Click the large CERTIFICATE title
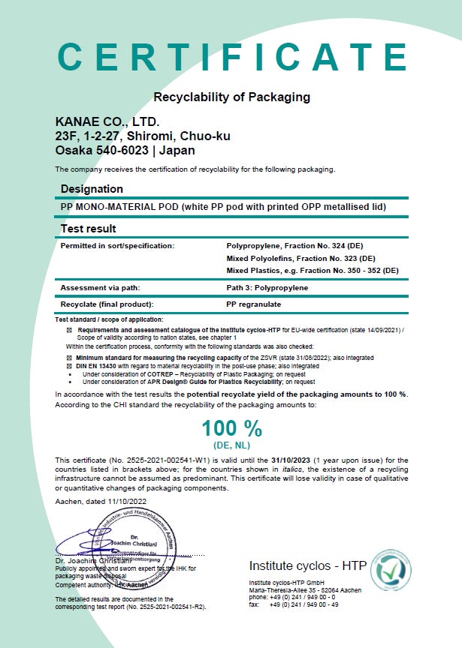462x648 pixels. click(231, 57)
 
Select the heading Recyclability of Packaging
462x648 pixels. click(231, 97)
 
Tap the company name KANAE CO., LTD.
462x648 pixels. click(107, 121)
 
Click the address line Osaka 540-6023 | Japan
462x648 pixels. click(125, 150)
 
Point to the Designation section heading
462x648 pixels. click(92, 189)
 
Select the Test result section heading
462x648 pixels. click(88, 228)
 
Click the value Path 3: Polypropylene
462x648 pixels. click(267, 287)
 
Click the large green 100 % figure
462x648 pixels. click(231, 428)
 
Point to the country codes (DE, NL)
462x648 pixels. click(231, 445)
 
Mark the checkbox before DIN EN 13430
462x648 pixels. click(70, 364)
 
